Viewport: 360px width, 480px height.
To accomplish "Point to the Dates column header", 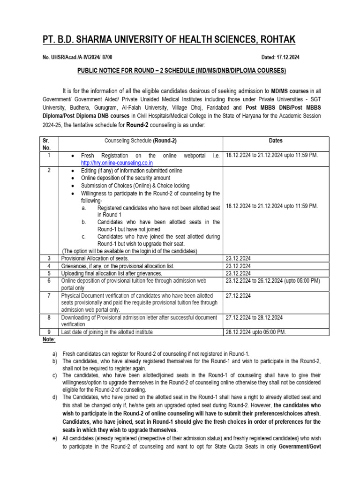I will [276, 140].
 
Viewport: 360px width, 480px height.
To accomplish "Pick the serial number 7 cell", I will [50, 296].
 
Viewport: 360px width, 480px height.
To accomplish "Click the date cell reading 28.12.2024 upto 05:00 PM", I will [255, 332].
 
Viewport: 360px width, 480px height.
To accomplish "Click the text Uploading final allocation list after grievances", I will [112, 273].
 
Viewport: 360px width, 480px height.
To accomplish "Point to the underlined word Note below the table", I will [49, 339].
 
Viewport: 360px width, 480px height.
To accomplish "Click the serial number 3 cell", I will [50, 258].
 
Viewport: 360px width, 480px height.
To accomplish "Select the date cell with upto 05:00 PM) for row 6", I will [272, 281].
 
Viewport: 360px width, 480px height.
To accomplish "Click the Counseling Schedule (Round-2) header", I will [140, 140].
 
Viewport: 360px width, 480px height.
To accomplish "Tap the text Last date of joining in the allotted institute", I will [107, 332].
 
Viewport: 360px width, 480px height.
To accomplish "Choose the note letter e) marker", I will [55, 439].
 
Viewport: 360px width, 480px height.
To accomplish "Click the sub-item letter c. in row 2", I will [83, 237].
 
